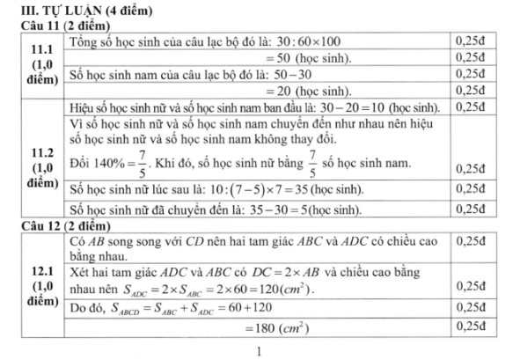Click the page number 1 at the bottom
click(260, 350)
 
